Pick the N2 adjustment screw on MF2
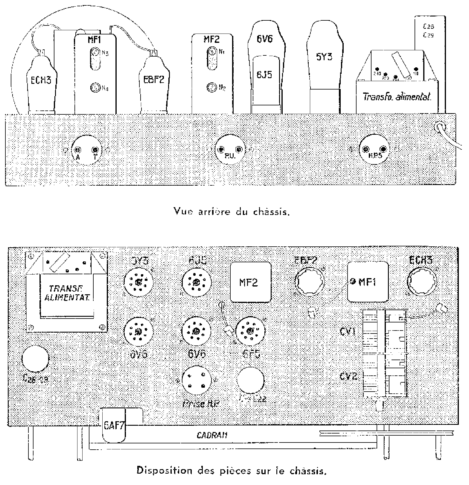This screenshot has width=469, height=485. point(211,87)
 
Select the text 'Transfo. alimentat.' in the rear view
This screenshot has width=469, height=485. point(397,97)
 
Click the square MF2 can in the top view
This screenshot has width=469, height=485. point(250,282)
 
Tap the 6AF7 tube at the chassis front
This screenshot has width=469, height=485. point(113,425)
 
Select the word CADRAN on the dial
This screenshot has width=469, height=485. point(212,435)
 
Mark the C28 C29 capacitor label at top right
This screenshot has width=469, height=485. point(428,31)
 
